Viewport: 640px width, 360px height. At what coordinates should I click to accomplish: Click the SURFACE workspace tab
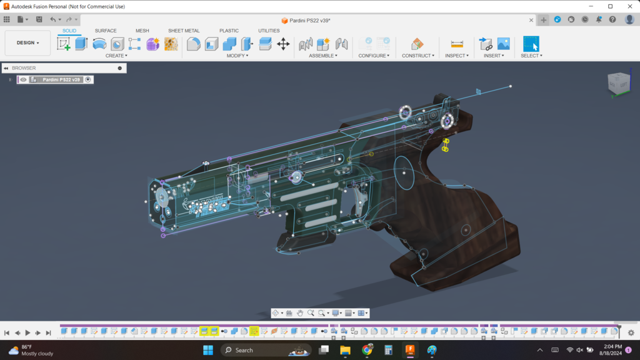click(x=106, y=31)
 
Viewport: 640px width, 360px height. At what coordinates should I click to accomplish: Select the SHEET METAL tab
click(x=184, y=31)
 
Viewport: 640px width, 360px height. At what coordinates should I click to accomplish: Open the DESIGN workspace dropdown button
click(x=27, y=43)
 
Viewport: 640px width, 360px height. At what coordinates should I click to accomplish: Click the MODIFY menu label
click(x=237, y=56)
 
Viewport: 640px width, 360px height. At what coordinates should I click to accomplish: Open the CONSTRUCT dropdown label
click(x=417, y=56)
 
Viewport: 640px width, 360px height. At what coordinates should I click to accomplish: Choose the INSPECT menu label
click(x=457, y=56)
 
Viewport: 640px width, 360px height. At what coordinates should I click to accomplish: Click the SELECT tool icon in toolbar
click(x=531, y=44)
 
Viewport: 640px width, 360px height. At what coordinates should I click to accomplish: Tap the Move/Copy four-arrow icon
click(x=283, y=44)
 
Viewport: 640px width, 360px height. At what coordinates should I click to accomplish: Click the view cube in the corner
click(x=619, y=83)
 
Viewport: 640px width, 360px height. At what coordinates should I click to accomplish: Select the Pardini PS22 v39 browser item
click(x=61, y=80)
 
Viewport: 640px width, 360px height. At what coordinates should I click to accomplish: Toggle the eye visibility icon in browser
click(x=23, y=80)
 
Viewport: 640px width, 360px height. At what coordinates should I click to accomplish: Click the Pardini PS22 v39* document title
click(x=309, y=21)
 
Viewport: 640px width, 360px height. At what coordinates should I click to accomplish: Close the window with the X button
click(x=628, y=6)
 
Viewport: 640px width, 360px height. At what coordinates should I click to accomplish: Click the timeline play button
click(x=27, y=333)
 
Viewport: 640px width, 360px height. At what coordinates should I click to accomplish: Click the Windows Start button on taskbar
click(x=208, y=350)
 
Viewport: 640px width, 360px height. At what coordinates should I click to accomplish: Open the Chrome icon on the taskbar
click(x=367, y=350)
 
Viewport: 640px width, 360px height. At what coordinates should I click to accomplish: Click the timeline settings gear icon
click(x=631, y=333)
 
